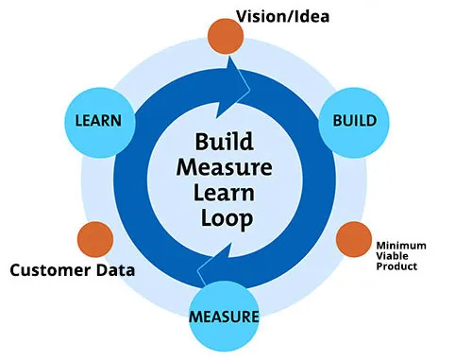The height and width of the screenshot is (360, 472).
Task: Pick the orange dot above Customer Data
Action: pyautogui.click(x=94, y=240)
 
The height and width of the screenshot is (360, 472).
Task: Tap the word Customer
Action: pyautogui.click(x=55, y=271)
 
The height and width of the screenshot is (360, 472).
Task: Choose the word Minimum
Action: pyautogui.click(x=401, y=245)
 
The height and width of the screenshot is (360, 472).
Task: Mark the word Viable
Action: pyautogui.click(x=395, y=255)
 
